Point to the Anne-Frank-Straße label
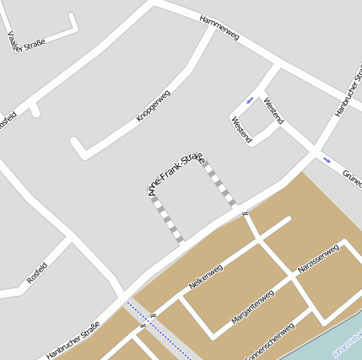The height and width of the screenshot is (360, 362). [x=176, y=173]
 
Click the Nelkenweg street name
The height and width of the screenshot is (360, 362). [x=205, y=277]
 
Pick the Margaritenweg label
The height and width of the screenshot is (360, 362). [x=252, y=309]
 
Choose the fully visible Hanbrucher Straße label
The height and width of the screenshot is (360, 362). [x=73, y=341]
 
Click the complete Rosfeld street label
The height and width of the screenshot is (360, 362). [x=37, y=273]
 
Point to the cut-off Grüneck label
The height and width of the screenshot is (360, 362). [x=351, y=178]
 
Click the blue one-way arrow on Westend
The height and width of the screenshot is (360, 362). [x=250, y=101]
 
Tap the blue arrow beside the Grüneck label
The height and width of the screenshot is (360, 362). [x=327, y=159]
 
